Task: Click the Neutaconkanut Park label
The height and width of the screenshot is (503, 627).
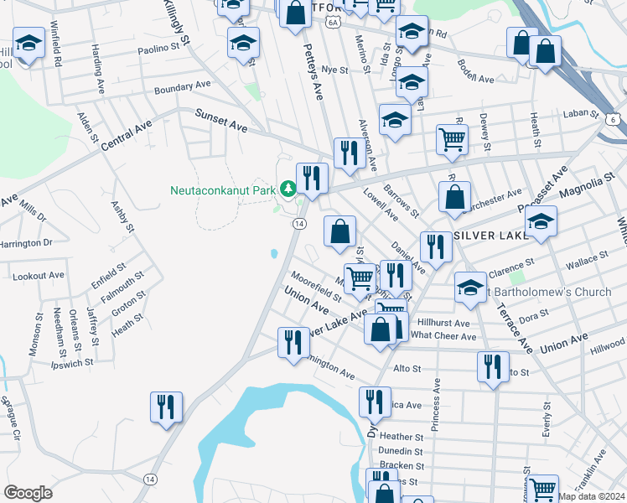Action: tap(223, 190)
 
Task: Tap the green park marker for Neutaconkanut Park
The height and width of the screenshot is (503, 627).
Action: tap(289, 189)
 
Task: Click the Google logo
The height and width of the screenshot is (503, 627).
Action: tap(28, 493)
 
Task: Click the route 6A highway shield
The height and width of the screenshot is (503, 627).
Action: tap(334, 22)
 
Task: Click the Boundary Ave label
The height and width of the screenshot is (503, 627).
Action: tap(182, 86)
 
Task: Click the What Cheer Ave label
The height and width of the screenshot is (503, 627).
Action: tap(443, 336)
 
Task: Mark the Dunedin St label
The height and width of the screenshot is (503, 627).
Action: tap(402, 450)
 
